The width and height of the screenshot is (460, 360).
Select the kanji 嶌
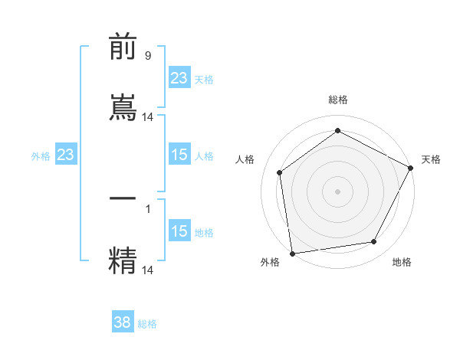[x=123, y=106]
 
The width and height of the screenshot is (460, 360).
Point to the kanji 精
[x=123, y=260]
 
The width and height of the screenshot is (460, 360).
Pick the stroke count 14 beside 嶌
[x=149, y=117]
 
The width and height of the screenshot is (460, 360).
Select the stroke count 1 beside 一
[x=148, y=208]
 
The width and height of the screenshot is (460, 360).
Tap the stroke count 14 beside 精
[x=149, y=270]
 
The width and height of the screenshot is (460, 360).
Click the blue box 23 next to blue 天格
[x=179, y=78]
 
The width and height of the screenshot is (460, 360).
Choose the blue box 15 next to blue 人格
[x=179, y=155]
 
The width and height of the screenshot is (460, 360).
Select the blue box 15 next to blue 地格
[x=179, y=231]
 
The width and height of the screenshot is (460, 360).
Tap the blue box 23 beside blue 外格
[x=65, y=155]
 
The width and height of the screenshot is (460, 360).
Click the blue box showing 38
[x=123, y=322]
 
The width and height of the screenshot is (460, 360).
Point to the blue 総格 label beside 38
[x=147, y=324]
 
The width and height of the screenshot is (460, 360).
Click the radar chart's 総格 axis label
[x=338, y=100]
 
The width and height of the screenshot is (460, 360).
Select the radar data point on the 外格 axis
[x=292, y=253]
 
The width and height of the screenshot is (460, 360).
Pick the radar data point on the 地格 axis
[x=374, y=241]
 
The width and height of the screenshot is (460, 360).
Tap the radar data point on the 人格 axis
[x=280, y=172]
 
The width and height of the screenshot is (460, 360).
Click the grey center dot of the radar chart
[x=338, y=191]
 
